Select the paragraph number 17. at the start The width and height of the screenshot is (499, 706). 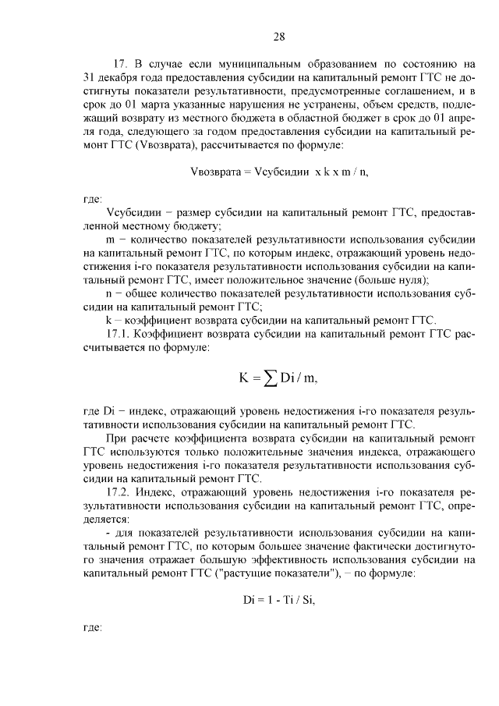(120, 63)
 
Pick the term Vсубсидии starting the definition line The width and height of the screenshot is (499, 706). (133, 212)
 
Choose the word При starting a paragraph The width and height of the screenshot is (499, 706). (115, 438)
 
